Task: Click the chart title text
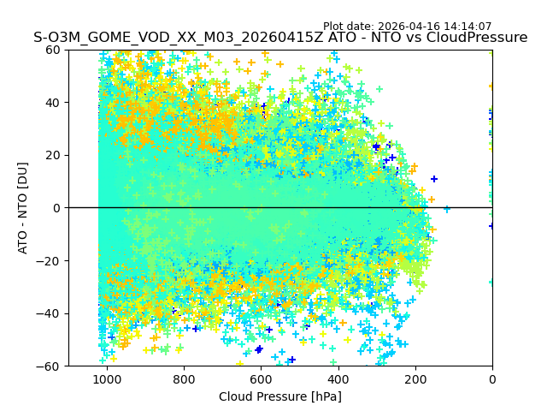(280, 38)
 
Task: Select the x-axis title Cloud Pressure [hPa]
(280, 396)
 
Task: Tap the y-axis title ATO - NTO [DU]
(23, 207)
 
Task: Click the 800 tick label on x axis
(184, 379)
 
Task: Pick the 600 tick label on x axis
(261, 379)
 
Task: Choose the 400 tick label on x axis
(338, 379)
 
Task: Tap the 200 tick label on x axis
(415, 379)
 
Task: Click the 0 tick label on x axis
(492, 379)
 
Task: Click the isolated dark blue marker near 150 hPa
(434, 179)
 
